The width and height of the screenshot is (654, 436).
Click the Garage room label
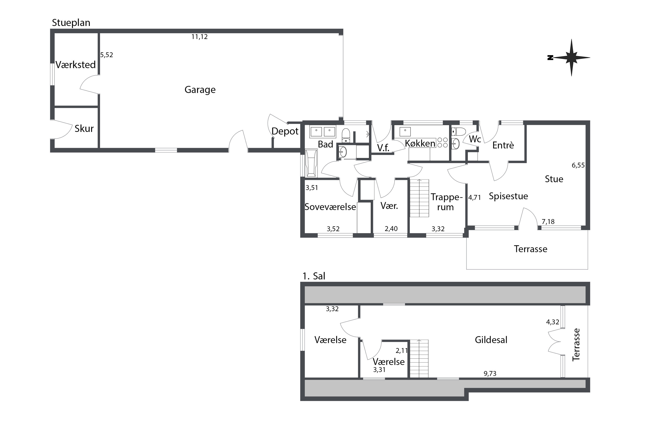[200, 90]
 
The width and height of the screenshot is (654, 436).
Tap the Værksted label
[76, 65]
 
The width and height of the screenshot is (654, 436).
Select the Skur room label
[84, 128]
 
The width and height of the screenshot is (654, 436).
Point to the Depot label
[285, 131]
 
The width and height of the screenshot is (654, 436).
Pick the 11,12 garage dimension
[199, 37]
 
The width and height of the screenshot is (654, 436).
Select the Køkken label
[420, 143]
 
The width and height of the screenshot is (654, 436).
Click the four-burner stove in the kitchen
[442, 142]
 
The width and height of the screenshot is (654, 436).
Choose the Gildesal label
[491, 340]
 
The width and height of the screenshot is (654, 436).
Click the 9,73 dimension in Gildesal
[490, 373]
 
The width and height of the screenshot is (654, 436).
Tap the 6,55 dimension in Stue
[578, 165]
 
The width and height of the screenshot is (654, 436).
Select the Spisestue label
[508, 196]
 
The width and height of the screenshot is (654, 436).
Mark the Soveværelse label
[330, 207]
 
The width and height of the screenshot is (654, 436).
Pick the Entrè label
[503, 145]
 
